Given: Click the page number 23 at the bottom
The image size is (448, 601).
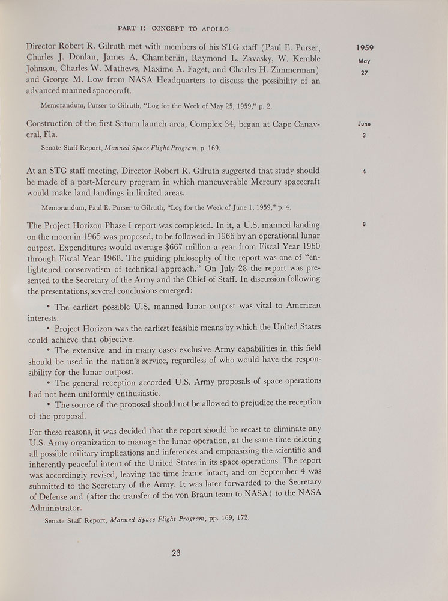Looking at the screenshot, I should coord(175,553).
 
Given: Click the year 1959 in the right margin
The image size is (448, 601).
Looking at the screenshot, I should coord(365,47).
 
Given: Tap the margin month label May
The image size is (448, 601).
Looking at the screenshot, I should coord(365,61).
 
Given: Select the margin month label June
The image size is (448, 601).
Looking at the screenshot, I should coord(364,124).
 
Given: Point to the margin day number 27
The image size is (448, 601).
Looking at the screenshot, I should coord(365,73).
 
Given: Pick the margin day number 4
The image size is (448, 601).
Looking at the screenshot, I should coord(365,171).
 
